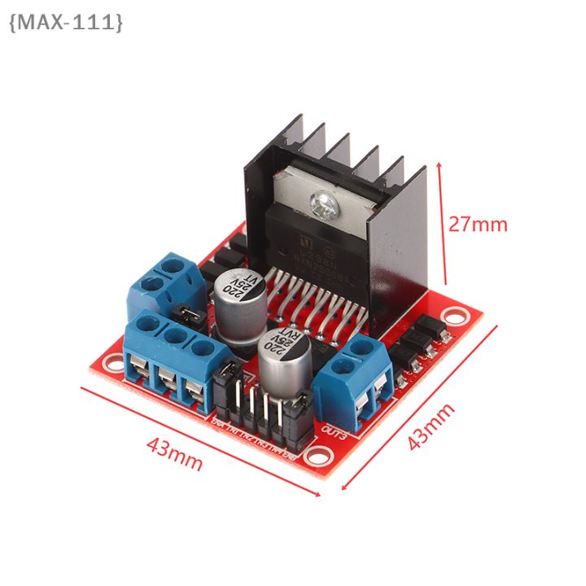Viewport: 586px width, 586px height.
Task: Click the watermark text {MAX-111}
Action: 66,22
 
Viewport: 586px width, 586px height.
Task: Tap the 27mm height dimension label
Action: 478,224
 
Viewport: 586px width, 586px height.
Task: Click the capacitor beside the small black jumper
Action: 238,296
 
